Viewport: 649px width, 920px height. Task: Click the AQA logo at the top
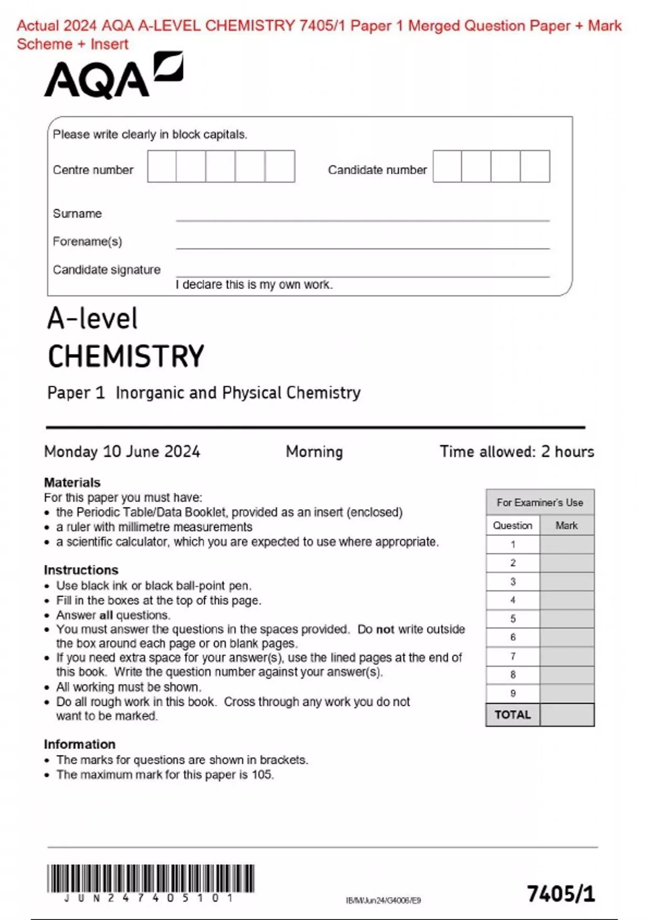pyautogui.click(x=113, y=76)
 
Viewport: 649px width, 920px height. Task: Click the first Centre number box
pyautogui.click(x=162, y=167)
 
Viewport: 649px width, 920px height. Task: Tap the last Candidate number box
pyautogui.click(x=535, y=167)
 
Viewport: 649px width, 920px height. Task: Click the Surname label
pyautogui.click(x=77, y=214)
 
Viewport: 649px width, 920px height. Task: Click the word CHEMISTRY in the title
pyautogui.click(x=126, y=357)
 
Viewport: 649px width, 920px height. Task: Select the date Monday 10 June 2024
pyautogui.click(x=122, y=451)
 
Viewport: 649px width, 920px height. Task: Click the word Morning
pyautogui.click(x=314, y=451)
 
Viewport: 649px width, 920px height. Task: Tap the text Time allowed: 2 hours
pyautogui.click(x=516, y=451)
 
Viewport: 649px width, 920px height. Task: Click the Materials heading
pyautogui.click(x=72, y=482)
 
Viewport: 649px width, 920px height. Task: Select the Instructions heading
pyautogui.click(x=81, y=570)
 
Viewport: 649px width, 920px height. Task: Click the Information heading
pyautogui.click(x=80, y=744)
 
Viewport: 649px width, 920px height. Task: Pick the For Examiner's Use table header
pyautogui.click(x=540, y=502)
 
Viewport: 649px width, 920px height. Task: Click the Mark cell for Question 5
pyautogui.click(x=567, y=619)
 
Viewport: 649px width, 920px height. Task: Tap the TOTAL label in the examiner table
pyautogui.click(x=513, y=715)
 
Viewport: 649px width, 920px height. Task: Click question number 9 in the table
pyautogui.click(x=513, y=693)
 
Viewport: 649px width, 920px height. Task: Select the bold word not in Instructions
pyautogui.click(x=385, y=629)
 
